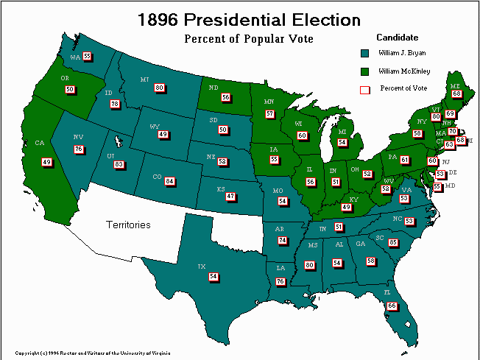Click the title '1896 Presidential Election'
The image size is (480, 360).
[x=250, y=19]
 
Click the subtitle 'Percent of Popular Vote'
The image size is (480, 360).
[x=248, y=38]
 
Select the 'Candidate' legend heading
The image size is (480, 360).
[x=397, y=37]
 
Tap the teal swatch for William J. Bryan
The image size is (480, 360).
[x=364, y=53]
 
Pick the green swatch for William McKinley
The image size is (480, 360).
[x=364, y=71]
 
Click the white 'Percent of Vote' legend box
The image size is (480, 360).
[x=364, y=89]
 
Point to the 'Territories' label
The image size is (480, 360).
[x=127, y=225]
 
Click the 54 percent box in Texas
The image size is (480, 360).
[x=213, y=276]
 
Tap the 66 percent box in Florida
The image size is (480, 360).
[x=392, y=306]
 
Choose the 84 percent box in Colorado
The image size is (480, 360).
[x=170, y=181]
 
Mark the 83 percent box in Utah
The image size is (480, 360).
[x=119, y=165]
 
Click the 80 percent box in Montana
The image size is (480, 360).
[x=159, y=88]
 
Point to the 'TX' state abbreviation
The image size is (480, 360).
[x=201, y=267]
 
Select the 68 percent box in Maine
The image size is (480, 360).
[x=457, y=93]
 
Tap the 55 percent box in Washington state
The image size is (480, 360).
[x=87, y=56]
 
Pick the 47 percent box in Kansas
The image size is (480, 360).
[x=230, y=197]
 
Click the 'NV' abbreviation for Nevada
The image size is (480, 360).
[x=77, y=137]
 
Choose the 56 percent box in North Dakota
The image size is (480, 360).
[x=226, y=97]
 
